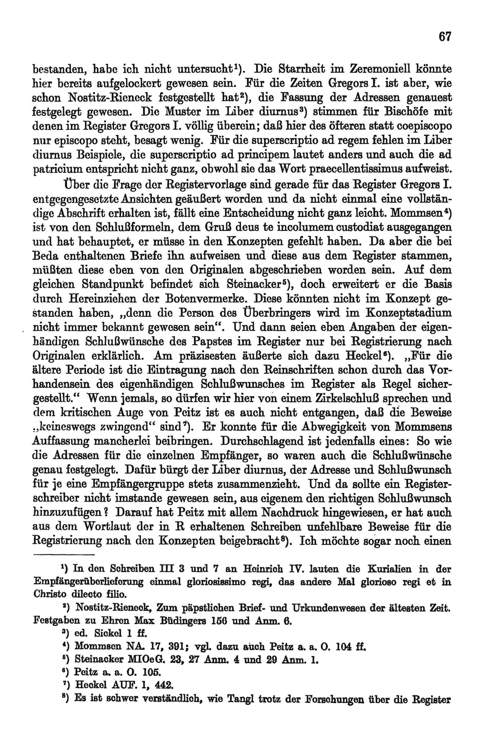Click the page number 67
(444, 36)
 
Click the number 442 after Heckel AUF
(161, 685)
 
